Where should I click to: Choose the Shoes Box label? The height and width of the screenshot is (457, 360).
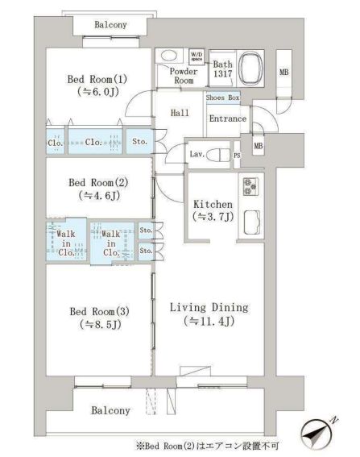tap(222, 98)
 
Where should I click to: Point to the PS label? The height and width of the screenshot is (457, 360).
tap(236, 155)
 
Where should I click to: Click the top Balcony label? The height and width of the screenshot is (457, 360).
tap(110, 25)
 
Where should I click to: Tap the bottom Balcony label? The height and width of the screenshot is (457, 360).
tap(110, 410)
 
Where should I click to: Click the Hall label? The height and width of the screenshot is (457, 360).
tap(179, 114)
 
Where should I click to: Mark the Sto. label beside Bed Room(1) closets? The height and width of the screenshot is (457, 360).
tap(139, 141)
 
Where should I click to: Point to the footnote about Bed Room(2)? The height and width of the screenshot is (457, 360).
tap(206, 444)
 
